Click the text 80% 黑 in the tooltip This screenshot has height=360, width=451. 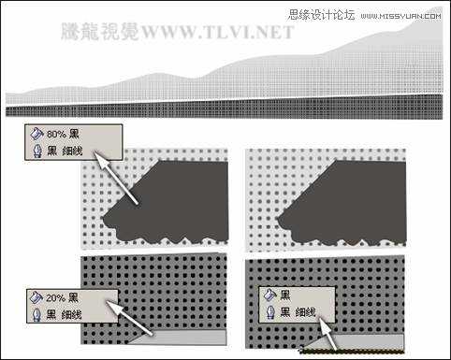64,135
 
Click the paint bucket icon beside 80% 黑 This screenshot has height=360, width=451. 36,135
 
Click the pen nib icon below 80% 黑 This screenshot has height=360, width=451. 36,150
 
